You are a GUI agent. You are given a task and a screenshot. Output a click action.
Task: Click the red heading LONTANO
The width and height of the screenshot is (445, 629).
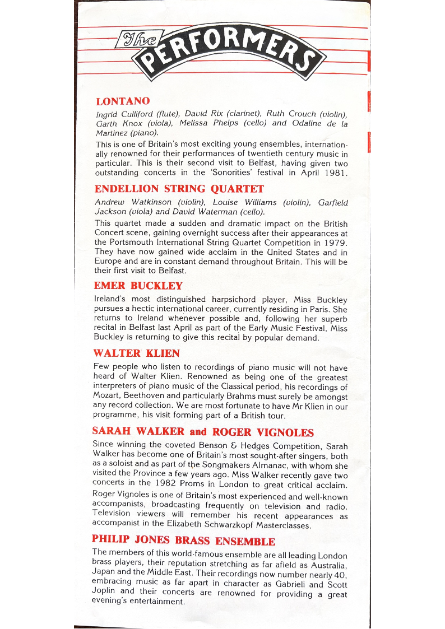(123, 101)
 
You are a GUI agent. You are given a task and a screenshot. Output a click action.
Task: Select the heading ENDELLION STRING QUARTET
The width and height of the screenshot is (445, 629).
(179, 189)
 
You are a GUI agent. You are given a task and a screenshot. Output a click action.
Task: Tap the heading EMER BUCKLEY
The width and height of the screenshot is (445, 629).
(138, 286)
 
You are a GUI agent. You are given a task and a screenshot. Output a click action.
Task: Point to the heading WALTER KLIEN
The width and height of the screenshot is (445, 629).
(136, 353)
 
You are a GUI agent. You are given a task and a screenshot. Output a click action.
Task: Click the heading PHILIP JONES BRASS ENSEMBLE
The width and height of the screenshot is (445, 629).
(183, 541)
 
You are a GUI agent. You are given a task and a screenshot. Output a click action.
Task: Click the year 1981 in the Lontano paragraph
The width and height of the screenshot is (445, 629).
(335, 173)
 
